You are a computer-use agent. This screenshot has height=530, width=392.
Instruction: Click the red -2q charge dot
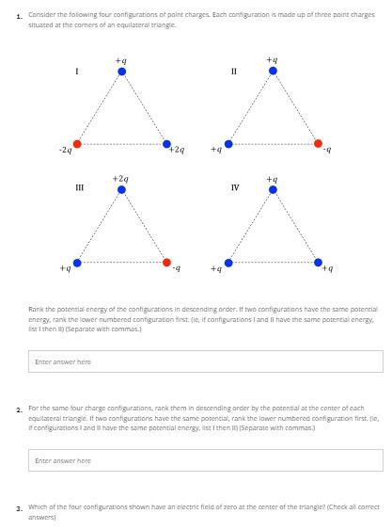(77, 144)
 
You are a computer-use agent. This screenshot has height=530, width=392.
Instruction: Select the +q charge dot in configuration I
(122, 71)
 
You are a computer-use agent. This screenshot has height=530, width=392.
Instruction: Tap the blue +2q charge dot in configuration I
(166, 144)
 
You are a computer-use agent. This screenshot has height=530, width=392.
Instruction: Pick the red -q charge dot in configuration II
(318, 144)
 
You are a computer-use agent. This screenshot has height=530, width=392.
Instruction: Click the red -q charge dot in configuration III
(166, 263)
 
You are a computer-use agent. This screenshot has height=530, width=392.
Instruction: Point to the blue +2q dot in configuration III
(122, 189)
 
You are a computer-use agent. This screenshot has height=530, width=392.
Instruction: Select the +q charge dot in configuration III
(77, 263)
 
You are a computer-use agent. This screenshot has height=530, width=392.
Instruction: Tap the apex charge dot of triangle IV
(273, 189)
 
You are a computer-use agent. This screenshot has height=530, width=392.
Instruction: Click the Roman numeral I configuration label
(77, 72)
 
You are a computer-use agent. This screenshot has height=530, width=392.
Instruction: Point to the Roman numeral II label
(234, 72)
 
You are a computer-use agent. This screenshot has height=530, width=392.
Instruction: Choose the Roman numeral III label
(79, 188)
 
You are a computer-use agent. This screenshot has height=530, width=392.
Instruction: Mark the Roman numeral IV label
(235, 188)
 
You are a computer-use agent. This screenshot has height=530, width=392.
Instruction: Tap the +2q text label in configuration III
(120, 178)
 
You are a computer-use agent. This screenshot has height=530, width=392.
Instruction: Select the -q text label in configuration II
(327, 151)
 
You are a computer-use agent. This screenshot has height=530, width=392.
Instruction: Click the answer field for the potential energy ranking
(207, 361)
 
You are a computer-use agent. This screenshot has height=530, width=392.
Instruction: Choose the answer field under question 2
(207, 460)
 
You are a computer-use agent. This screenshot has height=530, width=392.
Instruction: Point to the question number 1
(19, 16)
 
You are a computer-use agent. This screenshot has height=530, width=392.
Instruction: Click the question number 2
(19, 410)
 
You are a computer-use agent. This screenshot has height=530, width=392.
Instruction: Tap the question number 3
(19, 508)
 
